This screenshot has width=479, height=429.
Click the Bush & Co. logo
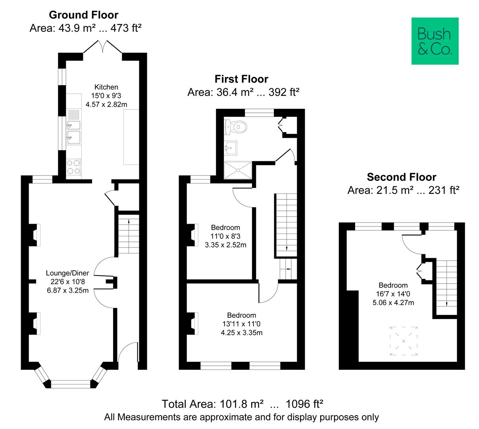tap(435, 41)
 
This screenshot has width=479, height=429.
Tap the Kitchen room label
tap(106, 87)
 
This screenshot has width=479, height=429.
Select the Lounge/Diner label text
tap(67, 273)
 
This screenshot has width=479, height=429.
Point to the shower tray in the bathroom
tap(238, 170)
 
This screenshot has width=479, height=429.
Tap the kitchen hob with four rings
tap(74, 167)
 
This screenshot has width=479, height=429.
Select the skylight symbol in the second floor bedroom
tap(404, 341)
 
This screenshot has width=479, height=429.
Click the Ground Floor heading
tap(83, 15)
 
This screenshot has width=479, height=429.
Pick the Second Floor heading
tap(401, 177)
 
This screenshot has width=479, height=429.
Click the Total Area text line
tap(242, 404)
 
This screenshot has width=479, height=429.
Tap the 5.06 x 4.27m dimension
tap(393, 303)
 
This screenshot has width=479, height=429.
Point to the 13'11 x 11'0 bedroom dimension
tap(241, 324)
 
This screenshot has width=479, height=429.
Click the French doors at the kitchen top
tap(103, 47)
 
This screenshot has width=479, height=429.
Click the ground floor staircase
tap(129, 234)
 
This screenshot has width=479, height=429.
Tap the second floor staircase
tap(447, 284)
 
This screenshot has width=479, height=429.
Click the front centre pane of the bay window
tap(71, 384)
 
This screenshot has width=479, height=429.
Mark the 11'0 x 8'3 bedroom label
tap(225, 236)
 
